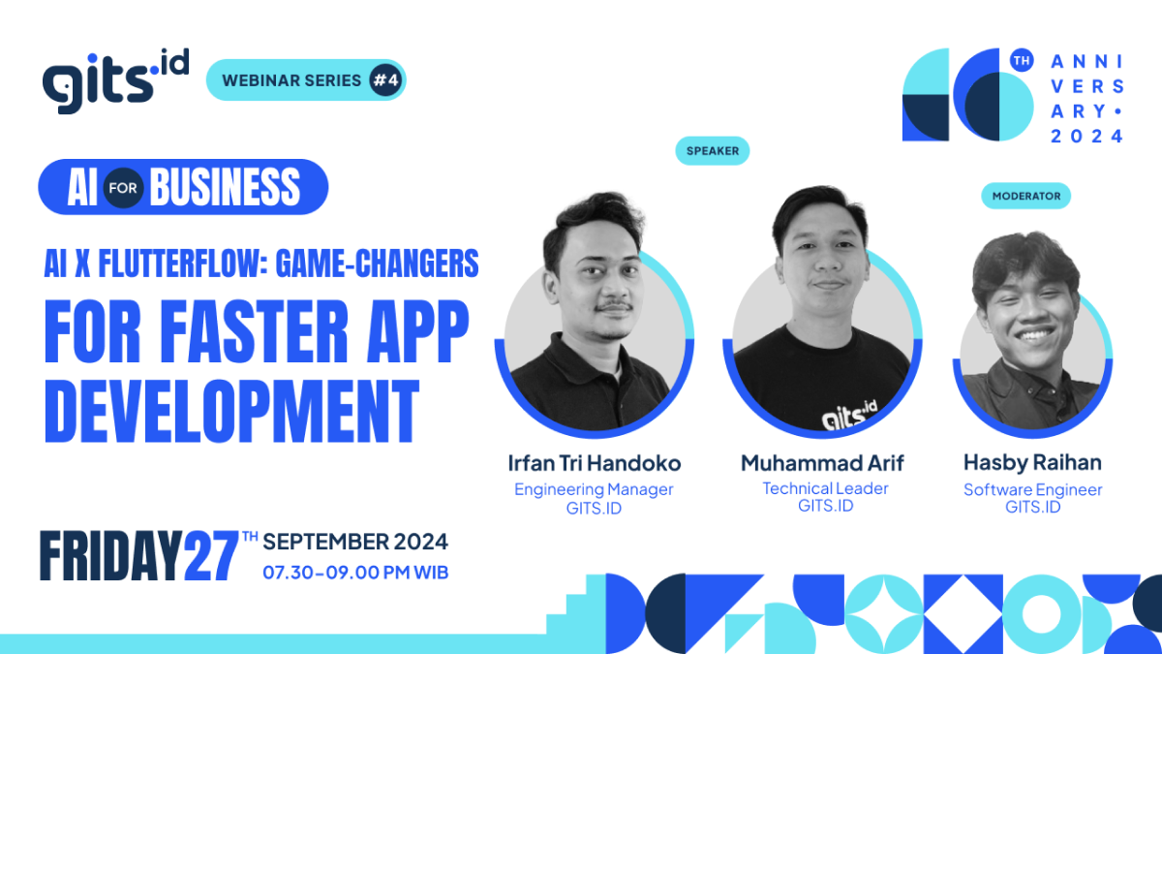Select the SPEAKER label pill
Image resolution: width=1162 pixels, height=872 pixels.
tap(713, 150)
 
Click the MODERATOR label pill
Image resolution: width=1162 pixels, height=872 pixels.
tap(1025, 196)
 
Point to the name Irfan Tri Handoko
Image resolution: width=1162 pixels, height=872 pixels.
tap(594, 463)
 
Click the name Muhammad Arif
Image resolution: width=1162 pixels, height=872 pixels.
tap(822, 463)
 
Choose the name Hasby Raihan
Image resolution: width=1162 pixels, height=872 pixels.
tap(1032, 463)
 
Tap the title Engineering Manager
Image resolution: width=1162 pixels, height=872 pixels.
tap(594, 489)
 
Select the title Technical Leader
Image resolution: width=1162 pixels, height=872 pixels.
tap(825, 488)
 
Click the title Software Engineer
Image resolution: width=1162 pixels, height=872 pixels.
tap(1032, 489)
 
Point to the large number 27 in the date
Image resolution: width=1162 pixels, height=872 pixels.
tap(211, 557)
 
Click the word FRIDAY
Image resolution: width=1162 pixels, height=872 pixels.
tap(110, 557)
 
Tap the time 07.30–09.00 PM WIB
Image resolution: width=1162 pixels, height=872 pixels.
tap(355, 573)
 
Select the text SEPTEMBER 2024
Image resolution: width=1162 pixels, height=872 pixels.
tap(355, 541)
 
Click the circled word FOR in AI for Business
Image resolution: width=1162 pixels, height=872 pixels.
tap(124, 188)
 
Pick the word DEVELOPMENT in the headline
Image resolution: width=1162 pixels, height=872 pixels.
tap(231, 411)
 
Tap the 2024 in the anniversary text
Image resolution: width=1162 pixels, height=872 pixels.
tap(1087, 136)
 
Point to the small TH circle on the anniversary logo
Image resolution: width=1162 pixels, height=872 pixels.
tap(1021, 60)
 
